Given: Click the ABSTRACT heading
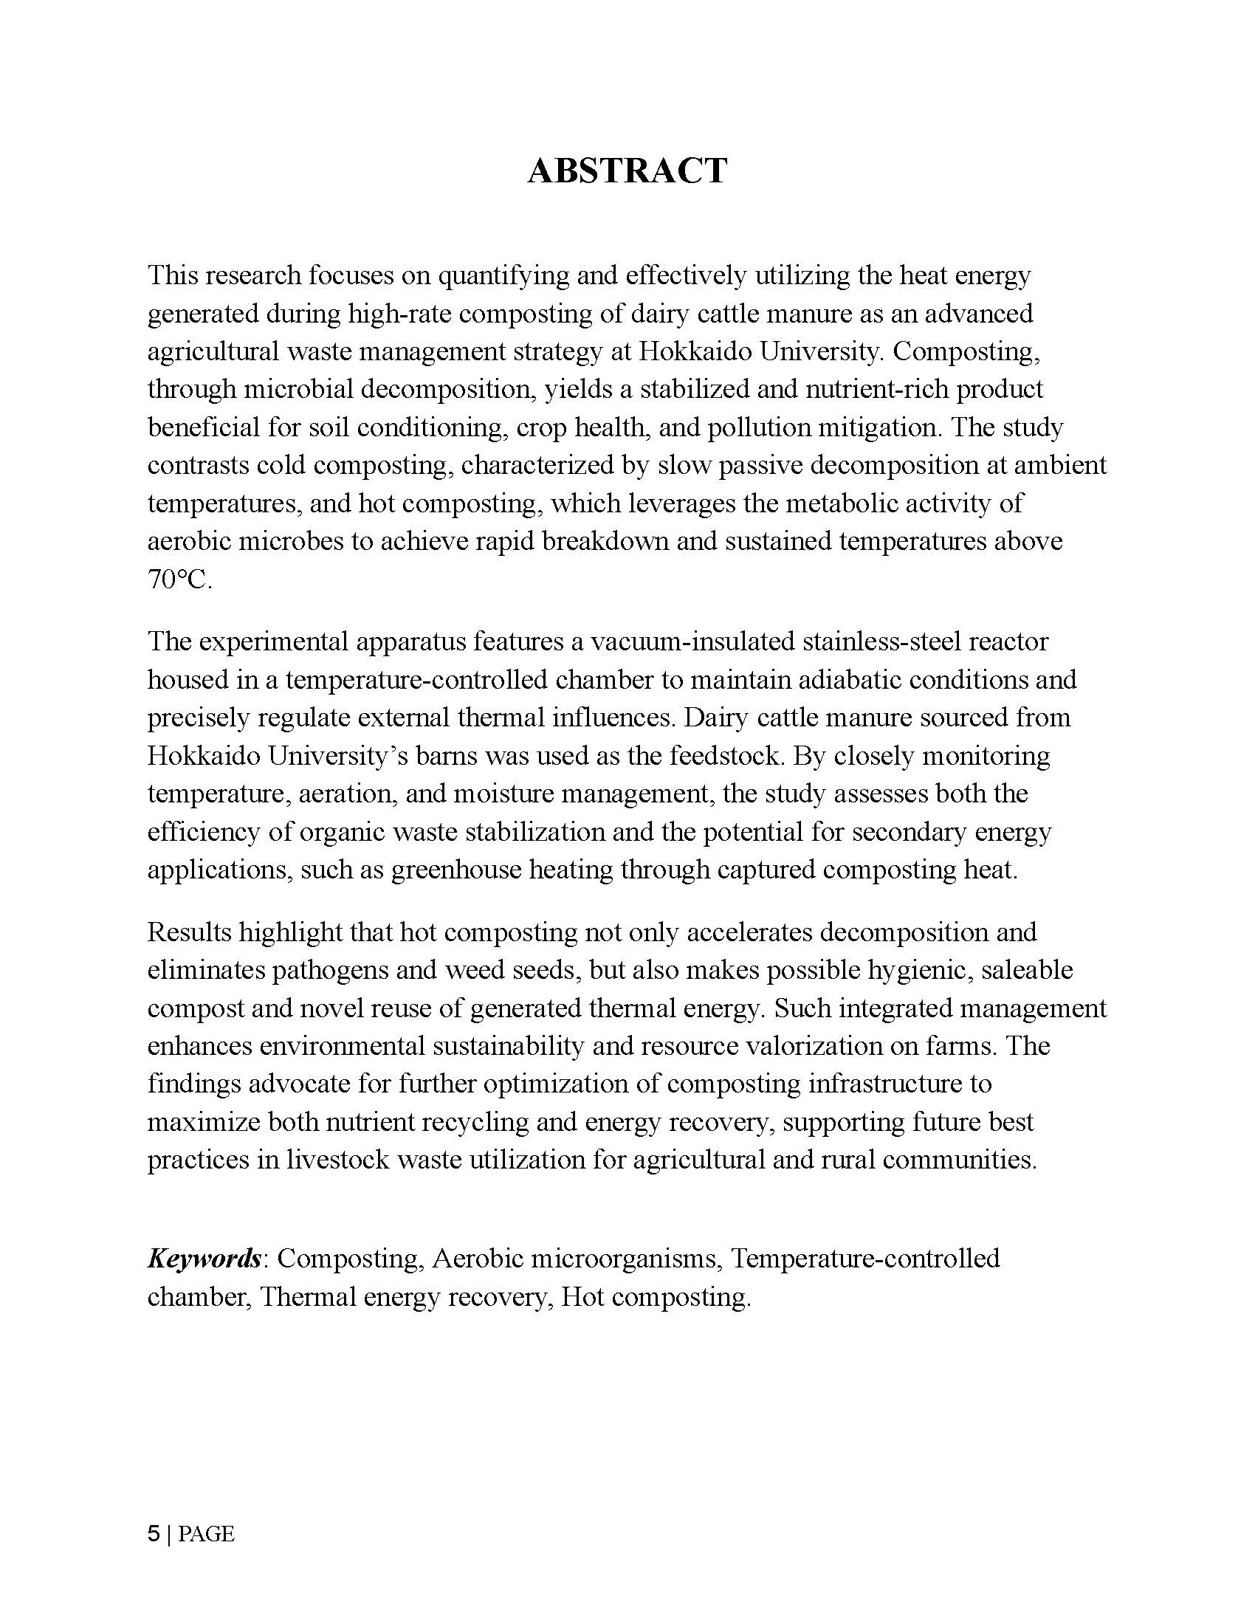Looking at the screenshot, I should [627, 171].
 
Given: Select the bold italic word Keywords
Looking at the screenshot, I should [204, 1258].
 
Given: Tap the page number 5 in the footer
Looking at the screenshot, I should [153, 1534].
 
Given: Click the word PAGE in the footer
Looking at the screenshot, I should [206, 1534].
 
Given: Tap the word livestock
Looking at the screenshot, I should [337, 1160].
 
